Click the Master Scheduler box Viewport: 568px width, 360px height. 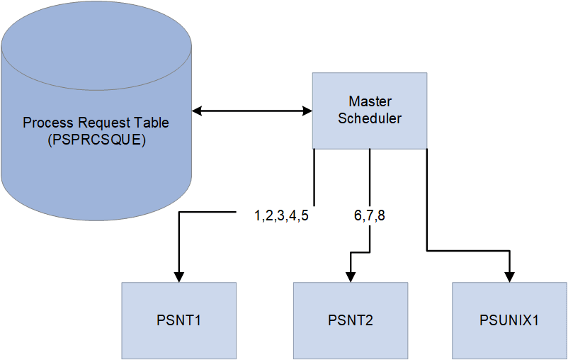tap(370, 111)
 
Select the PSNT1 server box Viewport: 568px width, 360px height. tap(178, 320)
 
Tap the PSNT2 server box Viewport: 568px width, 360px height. tap(351, 320)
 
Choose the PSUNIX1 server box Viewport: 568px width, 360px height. tap(509, 320)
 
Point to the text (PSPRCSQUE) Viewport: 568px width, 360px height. tap(96, 140)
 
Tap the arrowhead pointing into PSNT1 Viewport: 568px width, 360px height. tap(178, 276)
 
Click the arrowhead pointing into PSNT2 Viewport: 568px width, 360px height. tap(351, 276)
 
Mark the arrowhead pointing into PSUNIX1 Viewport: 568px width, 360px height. tap(509, 276)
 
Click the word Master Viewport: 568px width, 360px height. tap(370, 101)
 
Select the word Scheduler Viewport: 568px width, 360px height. tap(370, 118)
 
